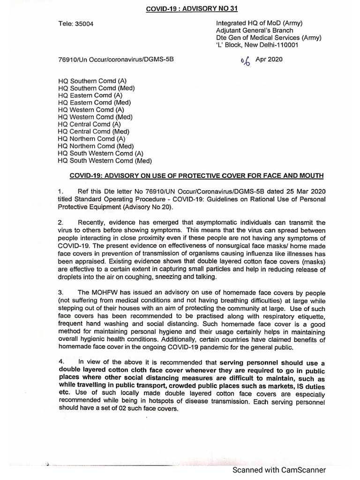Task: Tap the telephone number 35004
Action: pyautogui.click(x=84, y=24)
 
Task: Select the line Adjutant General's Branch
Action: pyautogui.click(x=254, y=30)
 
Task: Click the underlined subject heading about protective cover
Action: pyautogui.click(x=196, y=176)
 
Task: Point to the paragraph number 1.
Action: pyautogui.click(x=60, y=192)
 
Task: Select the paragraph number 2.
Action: pyautogui.click(x=60, y=222)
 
